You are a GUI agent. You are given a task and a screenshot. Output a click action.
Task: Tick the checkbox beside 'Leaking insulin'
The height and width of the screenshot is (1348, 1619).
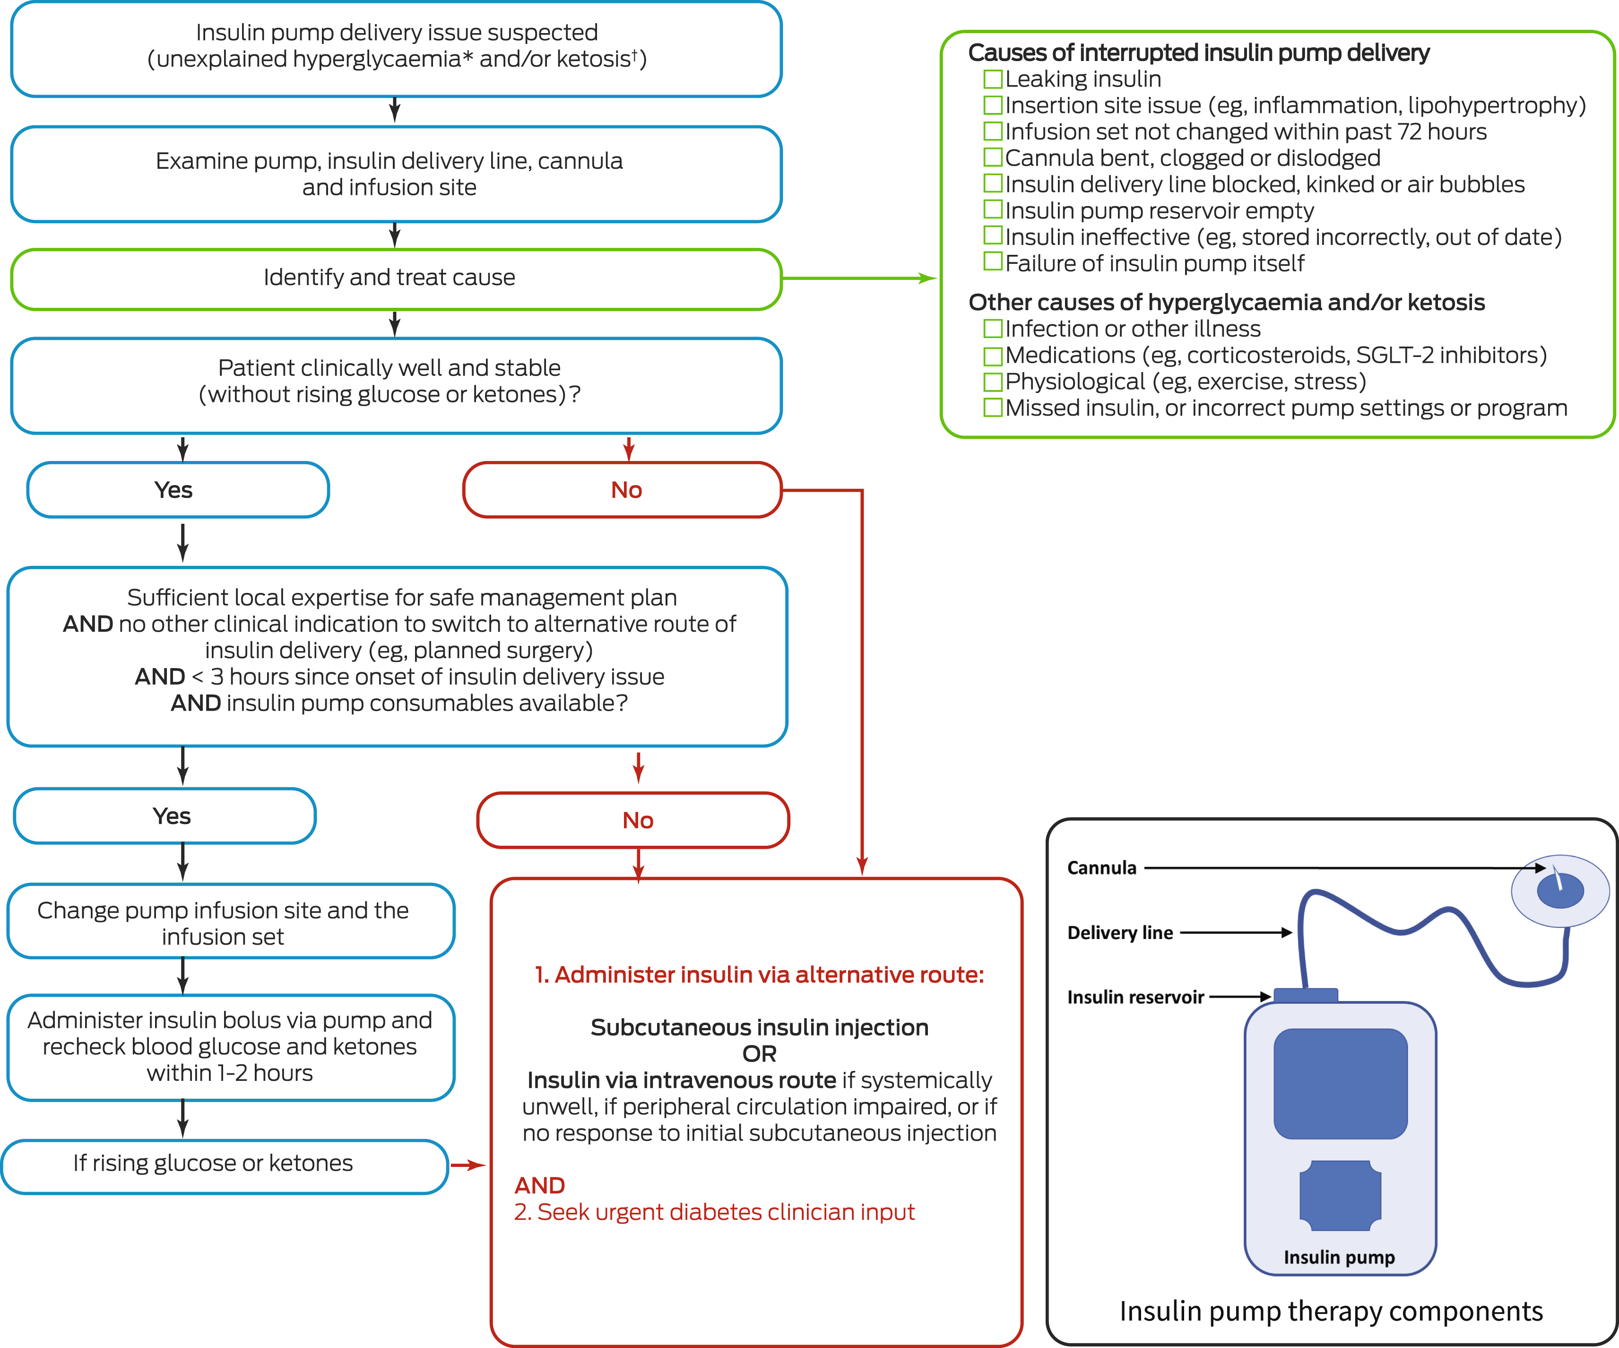(993, 78)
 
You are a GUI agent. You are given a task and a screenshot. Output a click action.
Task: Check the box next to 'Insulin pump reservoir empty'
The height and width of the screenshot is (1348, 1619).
(993, 210)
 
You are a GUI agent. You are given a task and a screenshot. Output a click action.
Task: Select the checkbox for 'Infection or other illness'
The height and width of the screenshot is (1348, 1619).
(993, 329)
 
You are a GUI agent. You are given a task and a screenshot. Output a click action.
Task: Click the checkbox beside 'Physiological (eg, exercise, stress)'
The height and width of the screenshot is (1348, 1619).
(993, 382)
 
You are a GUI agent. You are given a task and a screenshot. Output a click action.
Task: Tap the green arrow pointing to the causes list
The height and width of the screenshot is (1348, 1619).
(860, 278)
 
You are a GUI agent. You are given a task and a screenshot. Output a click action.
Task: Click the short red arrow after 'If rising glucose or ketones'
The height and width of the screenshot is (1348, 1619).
(467, 1165)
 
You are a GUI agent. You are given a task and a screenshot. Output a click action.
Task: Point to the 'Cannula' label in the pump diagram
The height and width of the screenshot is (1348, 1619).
(1102, 869)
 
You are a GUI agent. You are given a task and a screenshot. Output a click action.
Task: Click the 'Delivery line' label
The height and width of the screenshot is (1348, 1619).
(1119, 933)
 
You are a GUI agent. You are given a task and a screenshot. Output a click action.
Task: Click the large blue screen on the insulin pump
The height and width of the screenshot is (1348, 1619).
(1341, 1084)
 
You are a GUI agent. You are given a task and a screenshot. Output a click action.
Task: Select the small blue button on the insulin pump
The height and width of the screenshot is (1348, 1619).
(1341, 1195)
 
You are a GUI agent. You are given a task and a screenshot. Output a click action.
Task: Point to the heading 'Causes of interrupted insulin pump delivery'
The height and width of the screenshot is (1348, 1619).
(1199, 52)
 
